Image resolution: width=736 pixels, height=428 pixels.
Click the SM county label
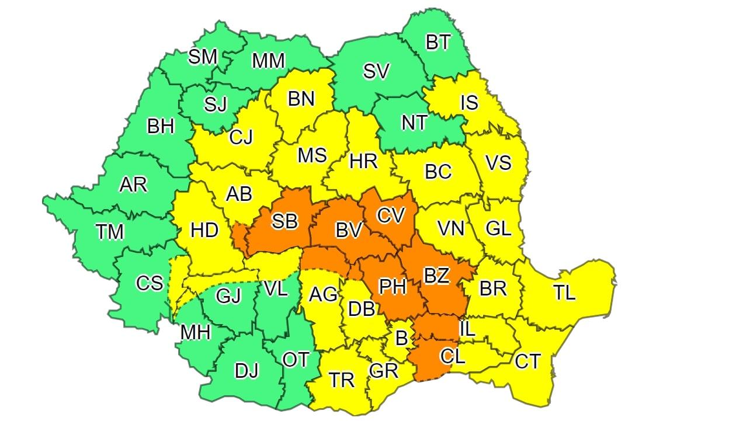click(203, 57)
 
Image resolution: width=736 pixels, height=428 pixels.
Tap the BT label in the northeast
click(438, 42)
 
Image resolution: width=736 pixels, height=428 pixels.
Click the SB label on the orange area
click(285, 221)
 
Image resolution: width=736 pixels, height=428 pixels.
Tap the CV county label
click(391, 215)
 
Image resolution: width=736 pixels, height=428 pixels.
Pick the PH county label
click(393, 287)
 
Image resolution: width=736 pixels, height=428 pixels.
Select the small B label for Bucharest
click(401, 337)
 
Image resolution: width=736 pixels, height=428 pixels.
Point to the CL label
click(453, 356)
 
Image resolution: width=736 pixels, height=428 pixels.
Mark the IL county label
click(467, 329)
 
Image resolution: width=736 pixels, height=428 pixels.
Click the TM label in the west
click(110, 232)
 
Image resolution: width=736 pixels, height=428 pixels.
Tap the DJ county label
click(247, 370)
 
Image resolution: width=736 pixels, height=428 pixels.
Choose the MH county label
click(195, 332)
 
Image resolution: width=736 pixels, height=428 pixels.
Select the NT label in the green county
click(414, 123)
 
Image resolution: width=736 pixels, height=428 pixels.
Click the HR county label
click(363, 161)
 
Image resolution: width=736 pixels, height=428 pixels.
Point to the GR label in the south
click(384, 370)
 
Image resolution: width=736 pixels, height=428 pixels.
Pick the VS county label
click(498, 162)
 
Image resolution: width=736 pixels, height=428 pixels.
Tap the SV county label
click(376, 71)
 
